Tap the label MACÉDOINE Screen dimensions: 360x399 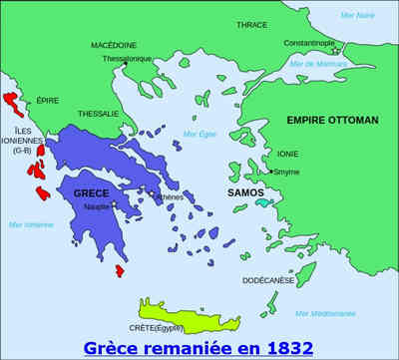coord(114,45)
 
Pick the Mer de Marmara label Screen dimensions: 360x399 coord(316,64)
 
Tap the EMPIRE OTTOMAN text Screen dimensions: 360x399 coord(332,120)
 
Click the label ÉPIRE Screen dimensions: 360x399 coord(47,101)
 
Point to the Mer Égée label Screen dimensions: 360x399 coord(199,134)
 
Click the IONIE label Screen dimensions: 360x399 coord(288,154)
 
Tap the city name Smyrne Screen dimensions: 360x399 coord(286,172)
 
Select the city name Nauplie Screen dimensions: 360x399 coord(97,206)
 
